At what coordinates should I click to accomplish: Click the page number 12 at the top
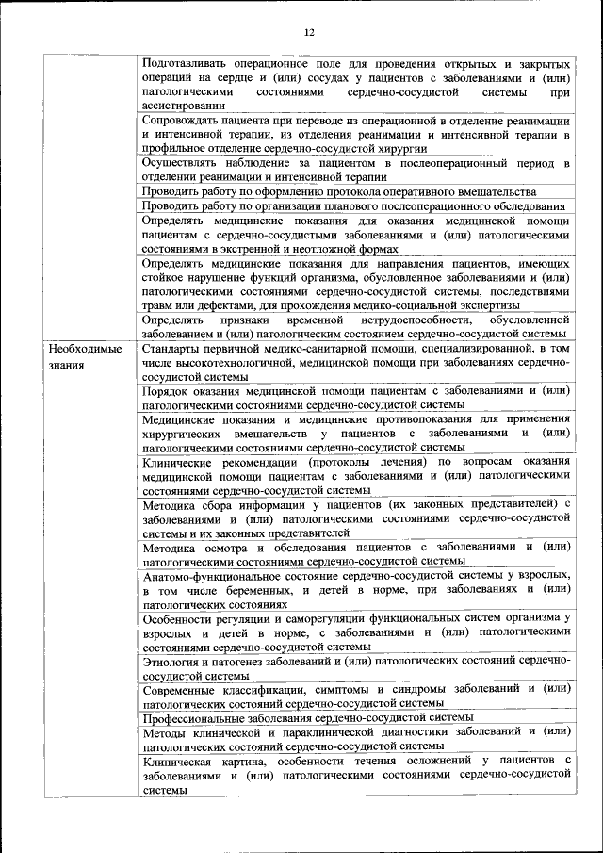point(308,34)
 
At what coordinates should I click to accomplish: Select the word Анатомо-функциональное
point(211,574)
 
